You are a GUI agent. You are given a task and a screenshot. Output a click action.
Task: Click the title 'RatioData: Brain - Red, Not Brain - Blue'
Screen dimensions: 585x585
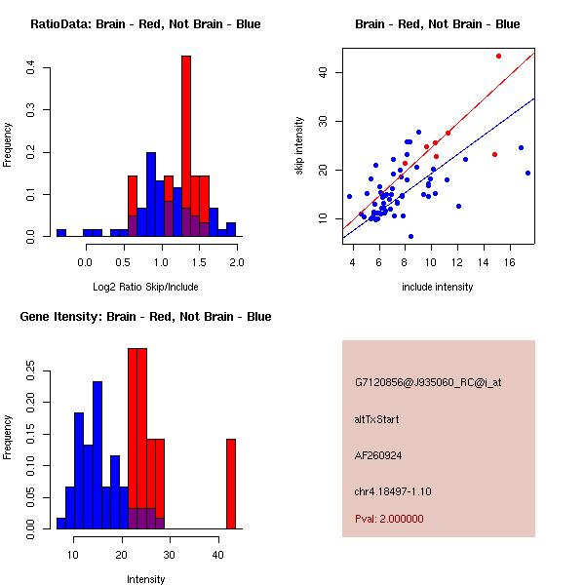(145, 24)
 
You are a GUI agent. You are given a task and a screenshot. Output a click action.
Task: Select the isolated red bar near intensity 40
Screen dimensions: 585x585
(231, 483)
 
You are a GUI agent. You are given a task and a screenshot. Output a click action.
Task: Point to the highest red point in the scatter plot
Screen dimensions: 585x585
(498, 56)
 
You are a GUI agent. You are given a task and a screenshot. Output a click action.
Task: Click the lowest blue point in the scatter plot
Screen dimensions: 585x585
(410, 236)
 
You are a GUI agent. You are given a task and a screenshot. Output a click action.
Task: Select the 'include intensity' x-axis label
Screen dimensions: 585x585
(437, 287)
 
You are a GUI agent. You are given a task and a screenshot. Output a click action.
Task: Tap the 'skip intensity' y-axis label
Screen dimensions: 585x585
(299, 146)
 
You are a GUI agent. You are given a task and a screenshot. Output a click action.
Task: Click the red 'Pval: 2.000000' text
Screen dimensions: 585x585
(389, 519)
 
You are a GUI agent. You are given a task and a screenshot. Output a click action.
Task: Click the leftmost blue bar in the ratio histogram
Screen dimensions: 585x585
(61, 233)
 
